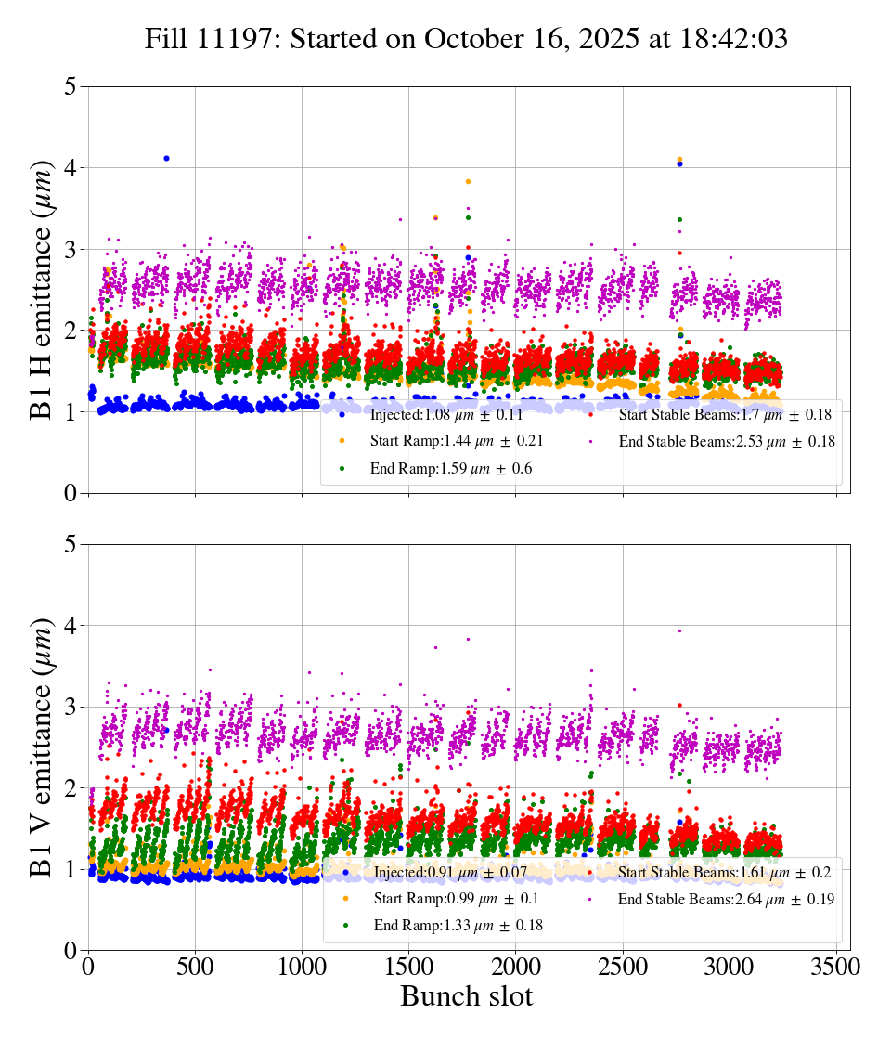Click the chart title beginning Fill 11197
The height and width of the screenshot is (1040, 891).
pos(466,39)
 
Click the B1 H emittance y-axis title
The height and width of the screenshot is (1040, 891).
pos(43,289)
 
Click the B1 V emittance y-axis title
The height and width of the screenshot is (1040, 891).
pos(43,747)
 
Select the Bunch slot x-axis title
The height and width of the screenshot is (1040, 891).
pos(466,997)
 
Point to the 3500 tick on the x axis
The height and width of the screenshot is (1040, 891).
pos(836,968)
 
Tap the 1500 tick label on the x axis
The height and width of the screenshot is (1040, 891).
pos(408,968)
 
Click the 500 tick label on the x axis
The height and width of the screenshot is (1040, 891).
pos(195,968)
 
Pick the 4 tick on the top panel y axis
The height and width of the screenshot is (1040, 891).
pos(71,168)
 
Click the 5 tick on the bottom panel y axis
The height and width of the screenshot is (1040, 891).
pos(71,545)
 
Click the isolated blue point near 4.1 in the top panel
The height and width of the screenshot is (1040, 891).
pos(166,158)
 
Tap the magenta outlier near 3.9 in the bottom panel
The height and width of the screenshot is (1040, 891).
pos(679,631)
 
